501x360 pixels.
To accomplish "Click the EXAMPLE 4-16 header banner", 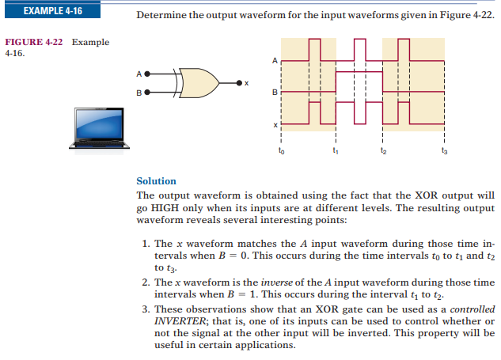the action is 53,10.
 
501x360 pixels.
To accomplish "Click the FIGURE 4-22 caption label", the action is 34,42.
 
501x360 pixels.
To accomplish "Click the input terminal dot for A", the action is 147,74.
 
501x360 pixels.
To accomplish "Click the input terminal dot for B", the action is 147,93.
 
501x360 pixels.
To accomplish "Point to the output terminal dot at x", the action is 239,83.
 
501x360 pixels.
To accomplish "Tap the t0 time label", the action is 281,150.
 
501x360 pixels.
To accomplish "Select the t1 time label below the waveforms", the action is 336,150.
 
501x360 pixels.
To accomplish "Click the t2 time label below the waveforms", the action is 383,150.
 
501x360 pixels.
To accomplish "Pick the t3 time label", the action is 445,150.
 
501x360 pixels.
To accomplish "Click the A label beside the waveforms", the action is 275,60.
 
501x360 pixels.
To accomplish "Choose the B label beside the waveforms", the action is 275,93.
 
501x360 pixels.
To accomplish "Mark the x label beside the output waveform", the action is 275,125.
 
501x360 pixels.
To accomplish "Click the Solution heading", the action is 156,181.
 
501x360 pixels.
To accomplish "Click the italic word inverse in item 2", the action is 277,282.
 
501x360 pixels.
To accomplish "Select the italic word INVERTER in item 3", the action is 180,321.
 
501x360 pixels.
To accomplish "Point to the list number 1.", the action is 146,244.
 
